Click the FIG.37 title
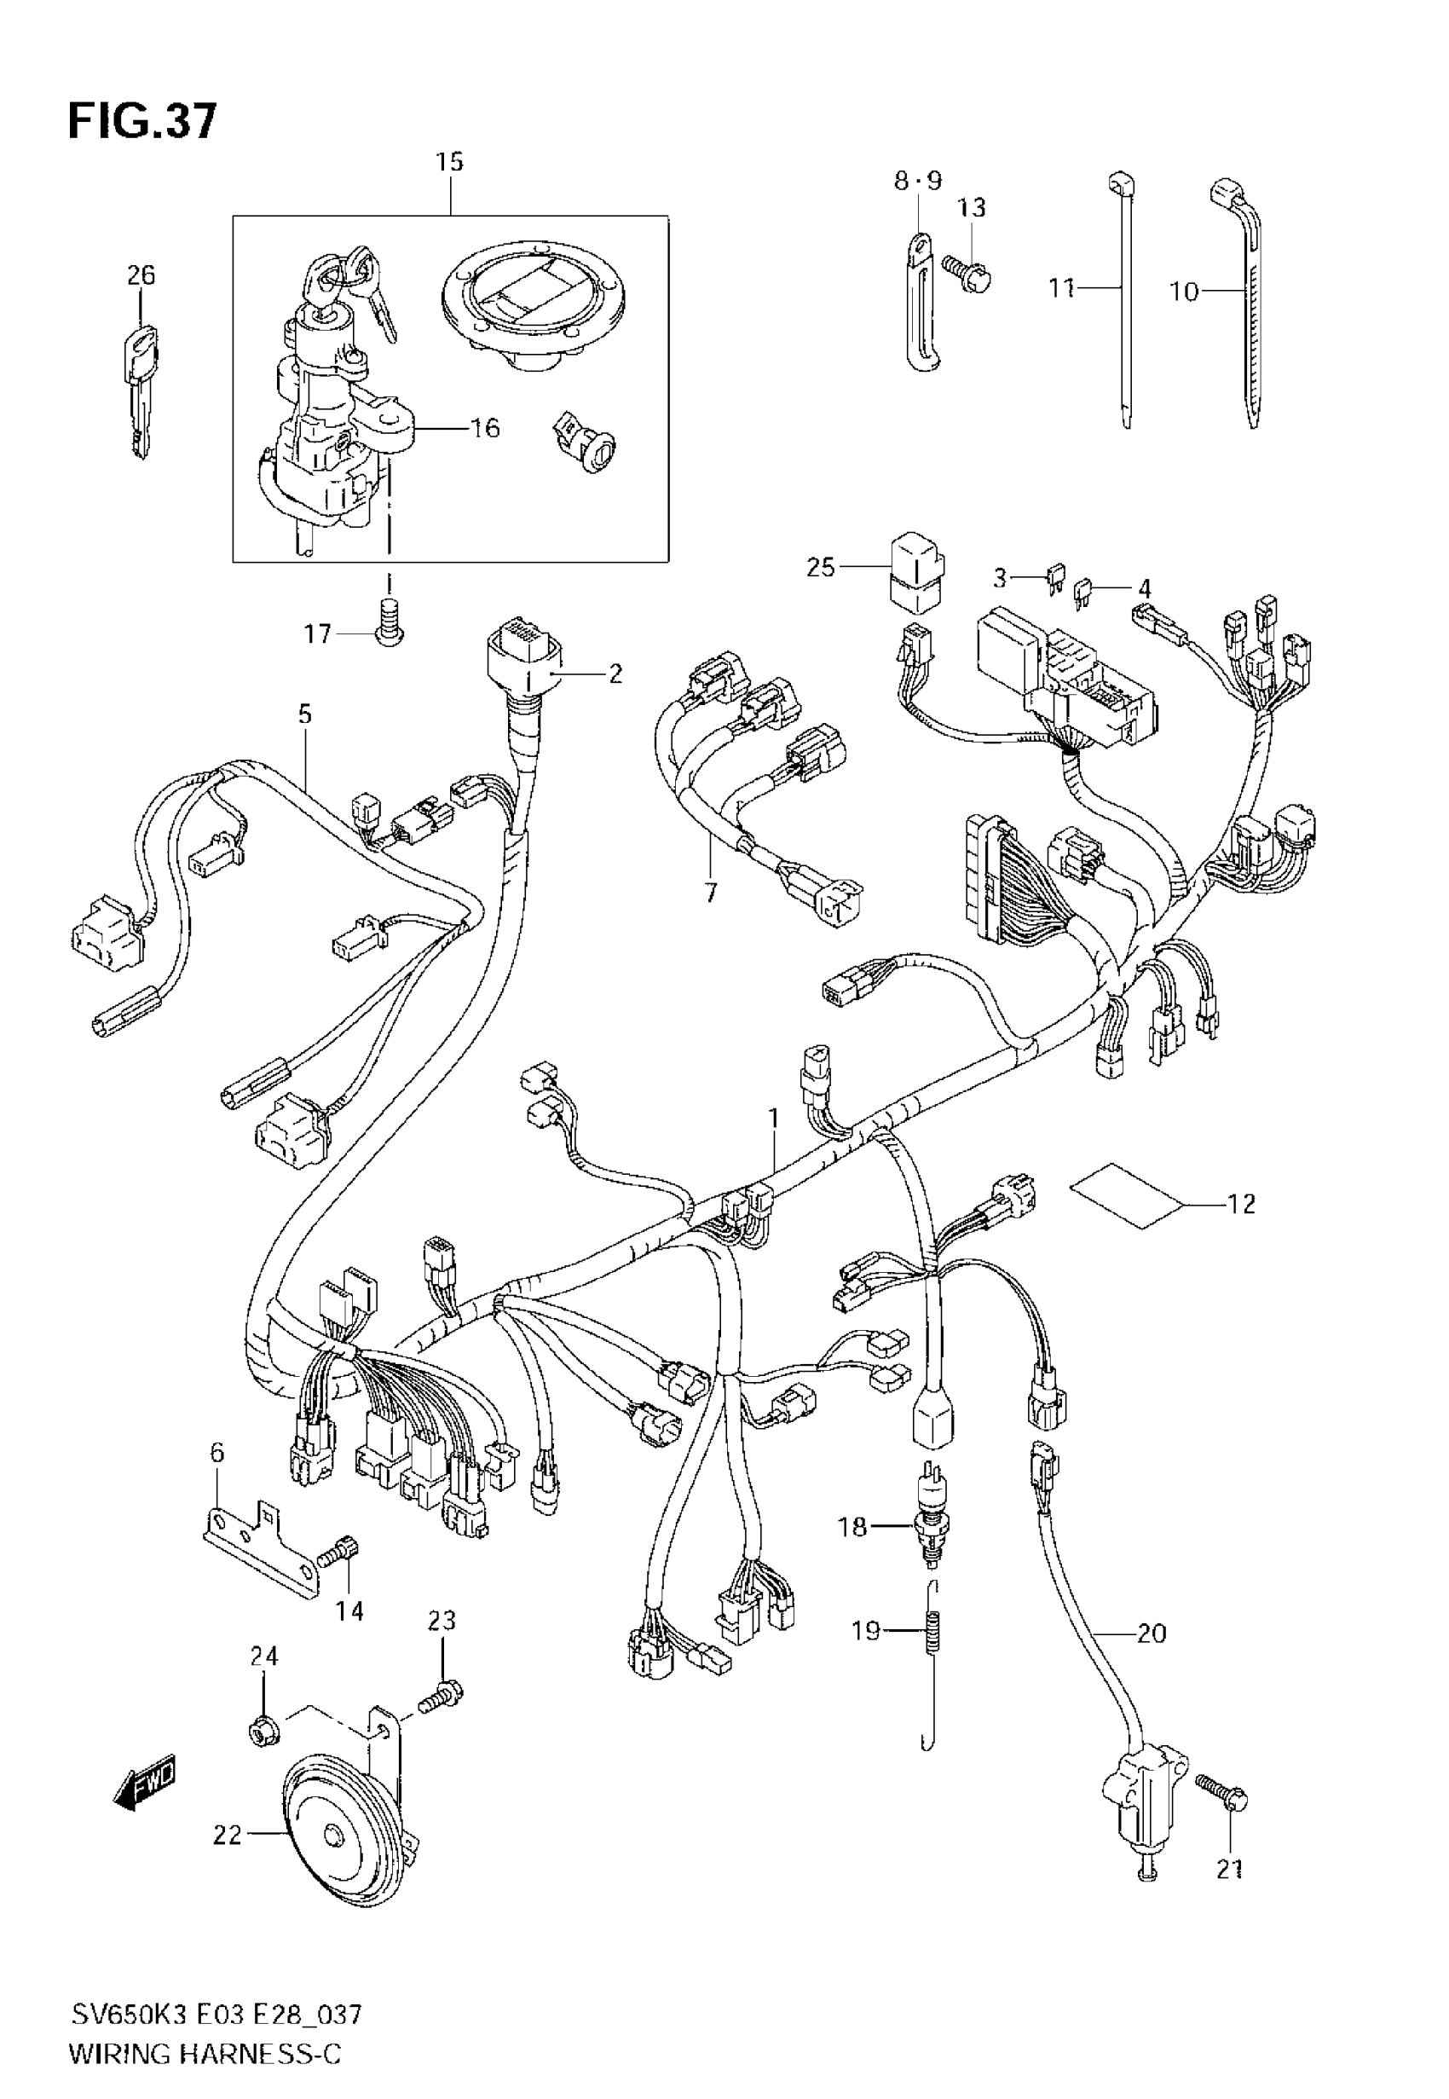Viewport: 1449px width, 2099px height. coord(142,121)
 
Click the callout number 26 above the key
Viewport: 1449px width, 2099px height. coord(141,275)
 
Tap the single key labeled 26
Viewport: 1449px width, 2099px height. coord(141,390)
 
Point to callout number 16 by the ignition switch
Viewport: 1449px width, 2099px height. coord(486,428)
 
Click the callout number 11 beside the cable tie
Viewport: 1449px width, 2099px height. coord(1060,289)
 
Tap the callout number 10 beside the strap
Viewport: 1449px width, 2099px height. coord(1184,292)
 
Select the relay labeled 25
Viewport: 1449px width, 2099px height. coord(917,575)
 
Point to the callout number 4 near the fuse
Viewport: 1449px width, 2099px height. coord(1144,588)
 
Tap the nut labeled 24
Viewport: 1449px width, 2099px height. coord(263,1734)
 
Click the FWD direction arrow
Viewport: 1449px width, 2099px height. coord(144,1791)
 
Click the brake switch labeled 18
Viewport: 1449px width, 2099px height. coord(930,1526)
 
